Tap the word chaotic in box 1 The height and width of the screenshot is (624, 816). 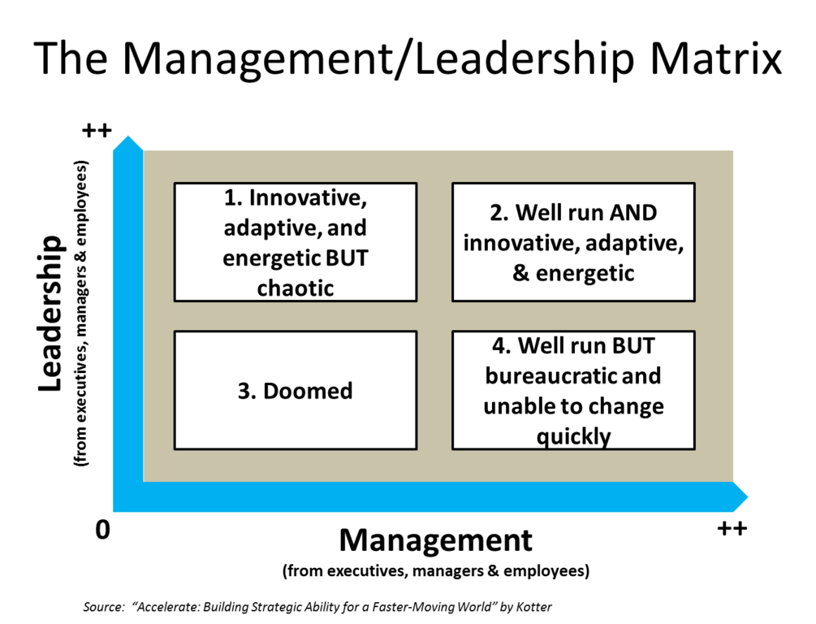(x=296, y=288)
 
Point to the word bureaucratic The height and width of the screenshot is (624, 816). (x=572, y=376)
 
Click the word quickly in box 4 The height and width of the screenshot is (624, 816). (x=573, y=436)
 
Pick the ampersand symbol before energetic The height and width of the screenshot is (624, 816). (x=520, y=273)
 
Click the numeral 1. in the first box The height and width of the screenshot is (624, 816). (x=234, y=197)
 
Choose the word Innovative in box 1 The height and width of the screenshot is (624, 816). (x=303, y=197)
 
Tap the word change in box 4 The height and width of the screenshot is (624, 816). (x=626, y=406)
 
